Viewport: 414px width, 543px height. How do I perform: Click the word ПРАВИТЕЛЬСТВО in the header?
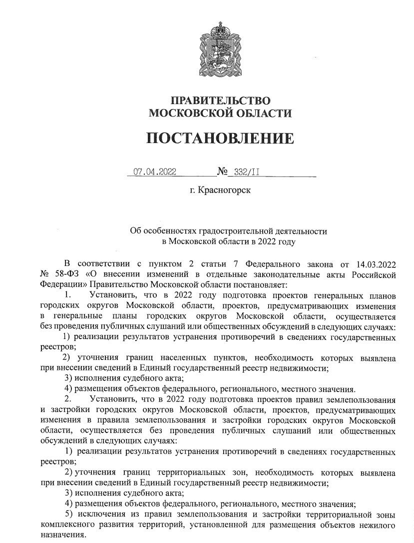click(220, 100)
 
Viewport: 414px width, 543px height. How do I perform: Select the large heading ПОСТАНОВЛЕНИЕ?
click(220, 138)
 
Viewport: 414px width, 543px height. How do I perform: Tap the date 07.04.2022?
click(155, 172)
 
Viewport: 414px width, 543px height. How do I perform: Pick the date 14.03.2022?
click(375, 263)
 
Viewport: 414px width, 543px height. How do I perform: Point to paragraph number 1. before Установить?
click(69, 295)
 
